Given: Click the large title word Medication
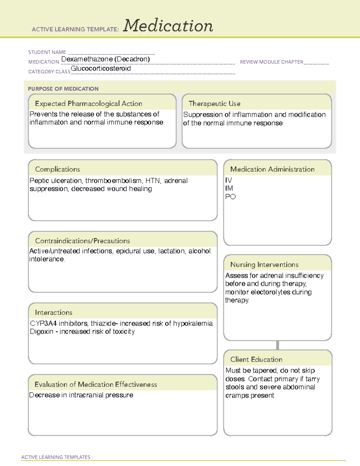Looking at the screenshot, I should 168,26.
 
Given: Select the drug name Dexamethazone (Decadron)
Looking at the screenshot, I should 105,59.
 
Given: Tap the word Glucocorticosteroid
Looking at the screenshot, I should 101,68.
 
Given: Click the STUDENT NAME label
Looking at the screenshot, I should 47,52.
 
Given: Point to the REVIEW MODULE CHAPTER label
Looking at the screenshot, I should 271,62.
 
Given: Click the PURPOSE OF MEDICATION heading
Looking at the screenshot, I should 63,89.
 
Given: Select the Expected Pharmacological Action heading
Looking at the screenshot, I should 88,104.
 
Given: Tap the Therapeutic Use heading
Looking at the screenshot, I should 214,104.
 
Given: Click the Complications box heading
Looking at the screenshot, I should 58,169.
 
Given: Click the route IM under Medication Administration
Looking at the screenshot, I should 229,188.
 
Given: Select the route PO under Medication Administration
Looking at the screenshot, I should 230,197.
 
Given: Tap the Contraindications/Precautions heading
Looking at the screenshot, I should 82,241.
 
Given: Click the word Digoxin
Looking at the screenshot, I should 42,332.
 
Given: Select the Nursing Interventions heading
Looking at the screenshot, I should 264,265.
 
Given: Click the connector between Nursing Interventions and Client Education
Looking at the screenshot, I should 277,345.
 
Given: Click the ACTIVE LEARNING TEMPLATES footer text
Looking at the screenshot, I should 56,457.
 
